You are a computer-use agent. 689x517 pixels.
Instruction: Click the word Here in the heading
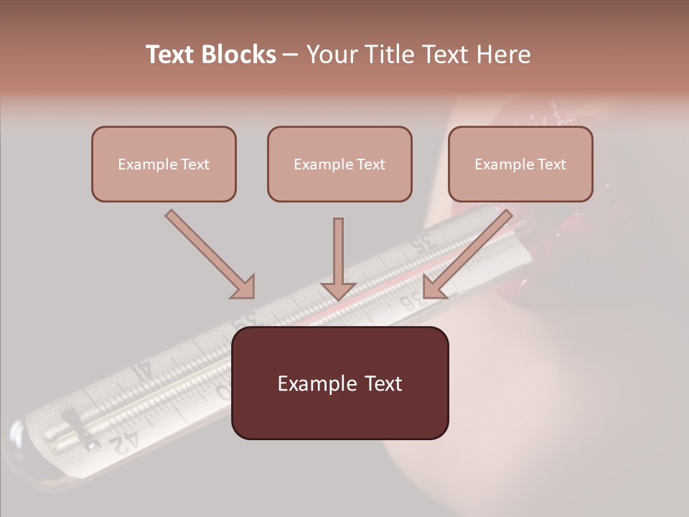505,55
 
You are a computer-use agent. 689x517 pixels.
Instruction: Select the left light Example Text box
164,164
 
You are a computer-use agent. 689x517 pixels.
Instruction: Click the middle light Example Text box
339,164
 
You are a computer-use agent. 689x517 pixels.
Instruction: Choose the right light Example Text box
520,164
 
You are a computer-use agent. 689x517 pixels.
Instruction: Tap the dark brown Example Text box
339,383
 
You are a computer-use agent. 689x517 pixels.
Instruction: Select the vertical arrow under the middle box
338,258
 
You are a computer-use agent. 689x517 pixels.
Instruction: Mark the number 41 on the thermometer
141,370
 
